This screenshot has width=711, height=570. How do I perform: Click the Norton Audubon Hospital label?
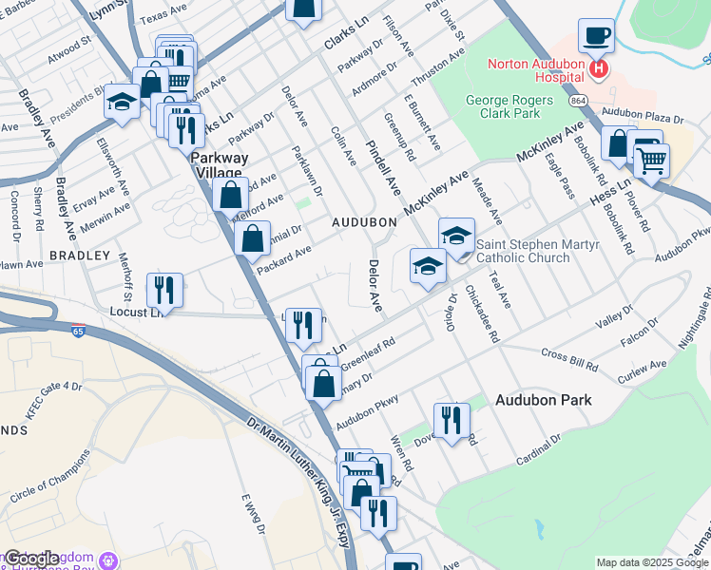click(535, 71)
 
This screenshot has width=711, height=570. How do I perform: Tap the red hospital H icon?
click(599, 68)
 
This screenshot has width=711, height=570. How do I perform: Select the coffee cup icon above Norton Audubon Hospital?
click(596, 36)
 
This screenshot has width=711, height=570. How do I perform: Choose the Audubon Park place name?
click(543, 400)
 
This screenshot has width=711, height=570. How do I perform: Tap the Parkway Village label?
click(220, 164)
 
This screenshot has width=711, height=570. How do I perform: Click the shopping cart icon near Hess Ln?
click(651, 161)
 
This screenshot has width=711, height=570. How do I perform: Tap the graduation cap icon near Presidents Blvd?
click(122, 101)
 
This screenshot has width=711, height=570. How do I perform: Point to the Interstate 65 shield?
click(77, 331)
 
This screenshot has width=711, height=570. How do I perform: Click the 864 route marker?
click(578, 99)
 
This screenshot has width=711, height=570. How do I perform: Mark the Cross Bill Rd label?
click(569, 359)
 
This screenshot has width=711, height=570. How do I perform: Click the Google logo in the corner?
click(32, 559)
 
